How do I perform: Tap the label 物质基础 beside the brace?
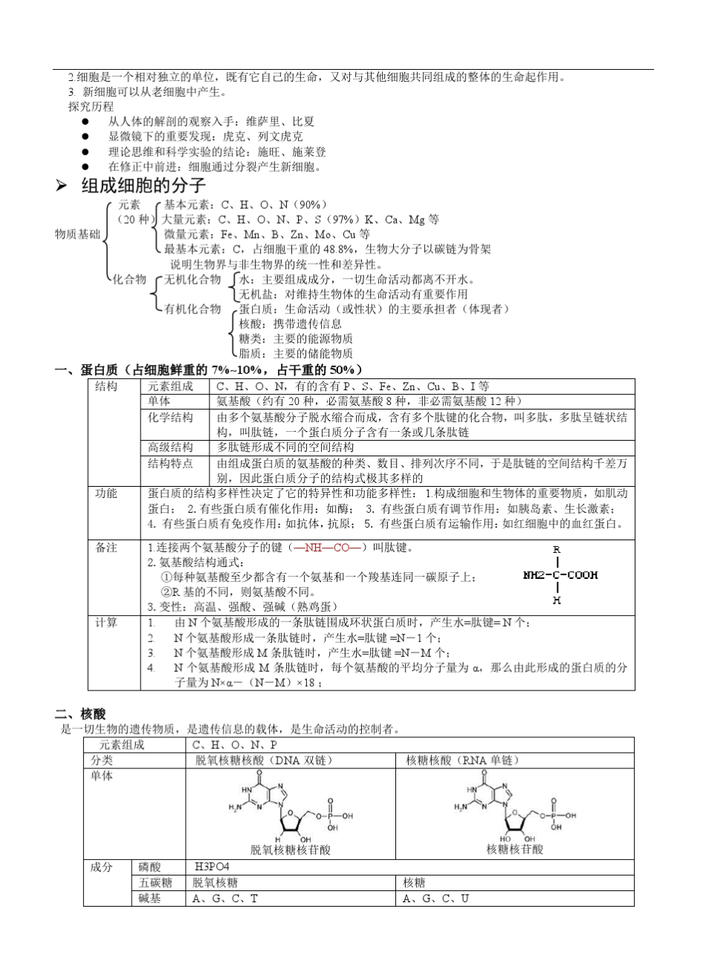coord(77,234)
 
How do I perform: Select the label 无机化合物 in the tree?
coord(192,279)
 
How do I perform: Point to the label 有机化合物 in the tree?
coord(192,308)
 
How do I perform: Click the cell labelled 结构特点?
coord(170,463)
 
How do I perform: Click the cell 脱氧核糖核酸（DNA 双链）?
coord(262,760)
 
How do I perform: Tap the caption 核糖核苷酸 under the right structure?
coord(514,848)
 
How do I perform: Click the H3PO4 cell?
coord(211,867)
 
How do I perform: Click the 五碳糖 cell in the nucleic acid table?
coord(156,882)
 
